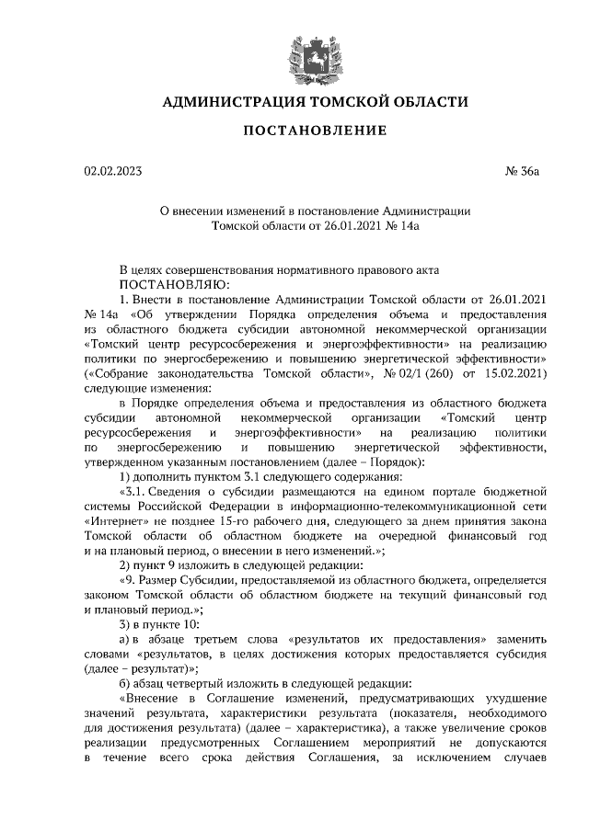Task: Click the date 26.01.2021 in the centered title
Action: click(x=343, y=224)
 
